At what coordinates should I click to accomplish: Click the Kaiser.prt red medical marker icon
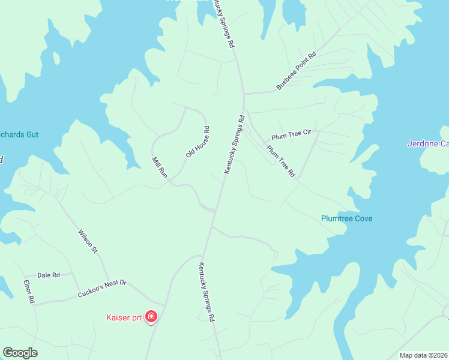(x=151, y=317)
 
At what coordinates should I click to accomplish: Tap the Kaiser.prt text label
(x=124, y=317)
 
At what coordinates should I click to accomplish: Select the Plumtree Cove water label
(x=346, y=218)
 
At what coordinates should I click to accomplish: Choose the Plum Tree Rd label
(x=281, y=161)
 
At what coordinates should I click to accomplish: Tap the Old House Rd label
(x=197, y=142)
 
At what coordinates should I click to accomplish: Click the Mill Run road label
(x=159, y=167)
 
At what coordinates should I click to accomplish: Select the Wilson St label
(x=88, y=241)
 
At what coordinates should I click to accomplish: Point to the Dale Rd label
(x=49, y=275)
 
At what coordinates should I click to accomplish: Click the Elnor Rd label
(x=29, y=291)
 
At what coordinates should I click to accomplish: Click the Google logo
(x=20, y=353)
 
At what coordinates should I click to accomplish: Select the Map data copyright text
(x=424, y=355)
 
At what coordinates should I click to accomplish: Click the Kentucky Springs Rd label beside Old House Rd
(x=235, y=145)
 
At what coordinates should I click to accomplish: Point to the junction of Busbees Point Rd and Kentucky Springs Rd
(x=243, y=94)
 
